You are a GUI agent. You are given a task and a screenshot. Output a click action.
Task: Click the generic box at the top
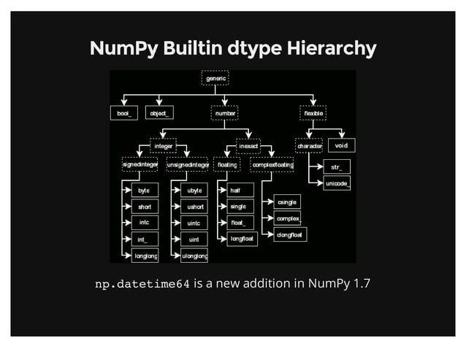(215, 77)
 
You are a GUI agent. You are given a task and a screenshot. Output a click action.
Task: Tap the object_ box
(159, 113)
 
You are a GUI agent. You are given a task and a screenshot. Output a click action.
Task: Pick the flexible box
(313, 113)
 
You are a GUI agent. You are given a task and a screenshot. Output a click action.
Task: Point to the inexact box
(248, 146)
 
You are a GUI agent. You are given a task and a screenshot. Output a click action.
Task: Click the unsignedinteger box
(187, 166)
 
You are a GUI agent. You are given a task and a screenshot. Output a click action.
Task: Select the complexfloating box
(272, 166)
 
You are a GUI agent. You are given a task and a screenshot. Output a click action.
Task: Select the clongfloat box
(290, 234)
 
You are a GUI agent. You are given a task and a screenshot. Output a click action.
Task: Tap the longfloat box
(242, 239)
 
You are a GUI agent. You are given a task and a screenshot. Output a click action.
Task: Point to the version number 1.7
(360, 283)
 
